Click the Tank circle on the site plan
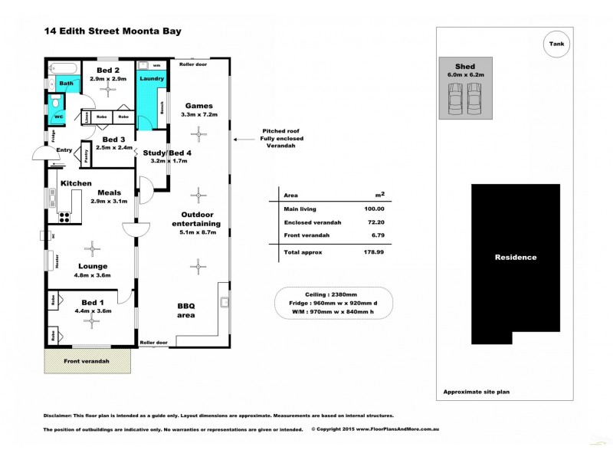pyautogui.click(x=556, y=44)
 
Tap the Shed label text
pyautogui.click(x=465, y=67)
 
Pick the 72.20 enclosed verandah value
pyautogui.click(x=375, y=222)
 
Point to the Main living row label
pyautogui.click(x=300, y=209)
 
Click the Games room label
pyautogui.click(x=199, y=106)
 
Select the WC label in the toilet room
pyautogui.click(x=57, y=117)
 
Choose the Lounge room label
pyautogui.click(x=93, y=265)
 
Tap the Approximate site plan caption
pyautogui.click(x=477, y=392)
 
